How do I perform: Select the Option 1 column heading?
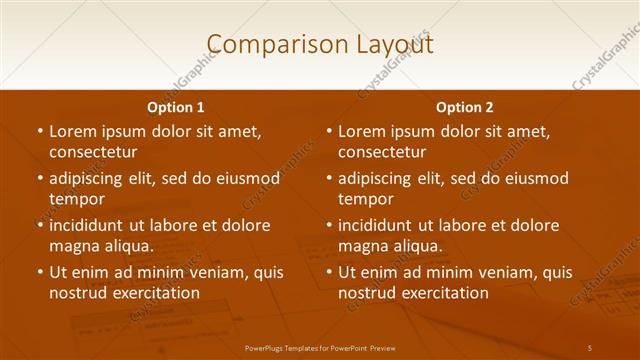coord(176,107)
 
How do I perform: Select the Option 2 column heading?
coord(465,107)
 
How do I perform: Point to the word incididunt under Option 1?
coord(91,225)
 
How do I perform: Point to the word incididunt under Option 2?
coord(380,225)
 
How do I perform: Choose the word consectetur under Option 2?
coord(382,152)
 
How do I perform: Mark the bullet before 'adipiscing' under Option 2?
coord(329,178)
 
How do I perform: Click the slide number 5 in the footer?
coord(590,346)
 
